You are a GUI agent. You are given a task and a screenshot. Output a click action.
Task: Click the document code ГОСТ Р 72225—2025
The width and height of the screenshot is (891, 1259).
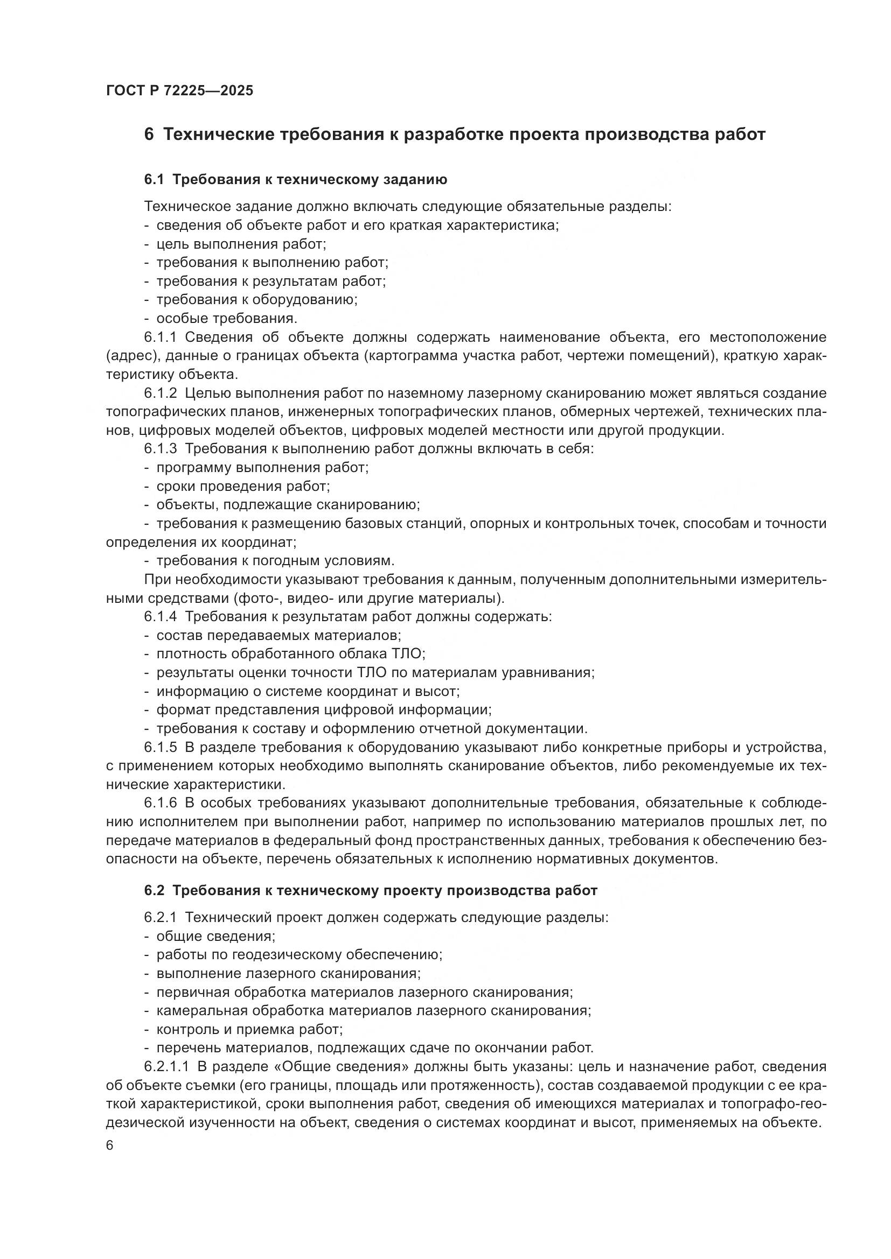point(179,90)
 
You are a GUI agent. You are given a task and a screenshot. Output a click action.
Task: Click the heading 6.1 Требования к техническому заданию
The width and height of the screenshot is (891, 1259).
point(296,179)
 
